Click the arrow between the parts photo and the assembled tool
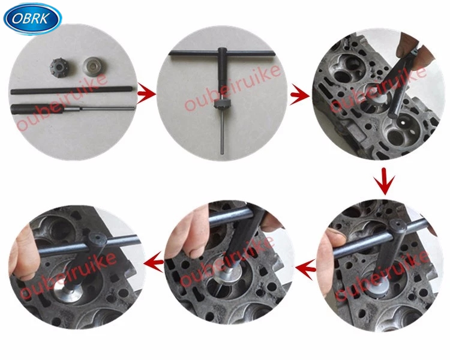pyautogui.click(x=145, y=94)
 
